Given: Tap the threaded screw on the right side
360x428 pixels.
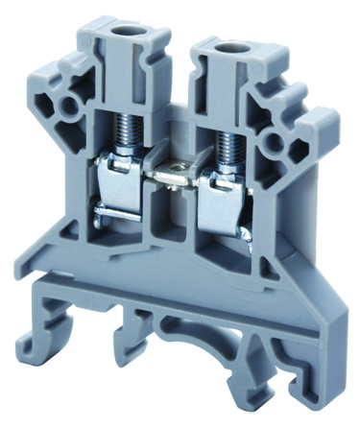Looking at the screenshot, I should click(229, 154).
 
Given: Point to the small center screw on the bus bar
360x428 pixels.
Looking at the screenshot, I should click(174, 173).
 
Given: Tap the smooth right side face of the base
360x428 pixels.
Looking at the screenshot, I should click(318, 317).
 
